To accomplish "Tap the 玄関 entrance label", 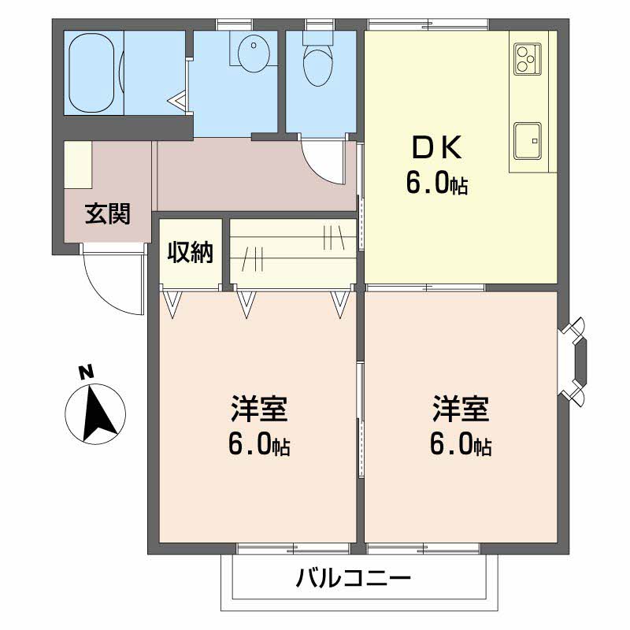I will [108, 213].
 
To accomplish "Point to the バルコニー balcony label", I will [354, 580].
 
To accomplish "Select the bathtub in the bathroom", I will [93, 73].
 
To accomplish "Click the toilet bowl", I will [320, 65].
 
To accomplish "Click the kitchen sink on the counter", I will [528, 140].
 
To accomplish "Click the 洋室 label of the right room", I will [461, 410].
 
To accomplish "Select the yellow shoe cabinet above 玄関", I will [78, 165].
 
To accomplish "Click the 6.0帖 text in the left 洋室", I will [259, 446].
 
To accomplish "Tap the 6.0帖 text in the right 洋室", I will [461, 446].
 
